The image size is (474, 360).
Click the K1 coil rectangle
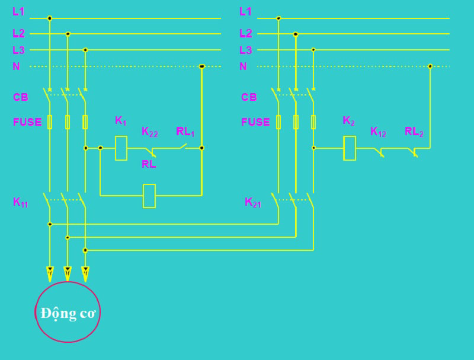(121, 148)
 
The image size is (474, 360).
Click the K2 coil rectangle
(350, 148)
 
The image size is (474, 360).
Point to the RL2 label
(414, 132)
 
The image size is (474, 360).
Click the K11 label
(20, 202)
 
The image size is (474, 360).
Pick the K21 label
(253, 202)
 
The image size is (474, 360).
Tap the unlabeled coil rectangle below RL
(149, 195)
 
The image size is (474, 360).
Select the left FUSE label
(27, 122)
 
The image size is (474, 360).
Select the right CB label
(249, 97)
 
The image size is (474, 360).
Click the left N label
(16, 66)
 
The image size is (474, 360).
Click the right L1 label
(245, 11)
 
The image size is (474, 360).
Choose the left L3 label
(18, 50)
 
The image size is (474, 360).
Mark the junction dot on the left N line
(201, 66)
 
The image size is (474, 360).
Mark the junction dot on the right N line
(430, 66)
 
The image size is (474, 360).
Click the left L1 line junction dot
(50, 18)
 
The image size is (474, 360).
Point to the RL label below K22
(149, 164)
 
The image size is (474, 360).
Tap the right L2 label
(245, 34)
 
